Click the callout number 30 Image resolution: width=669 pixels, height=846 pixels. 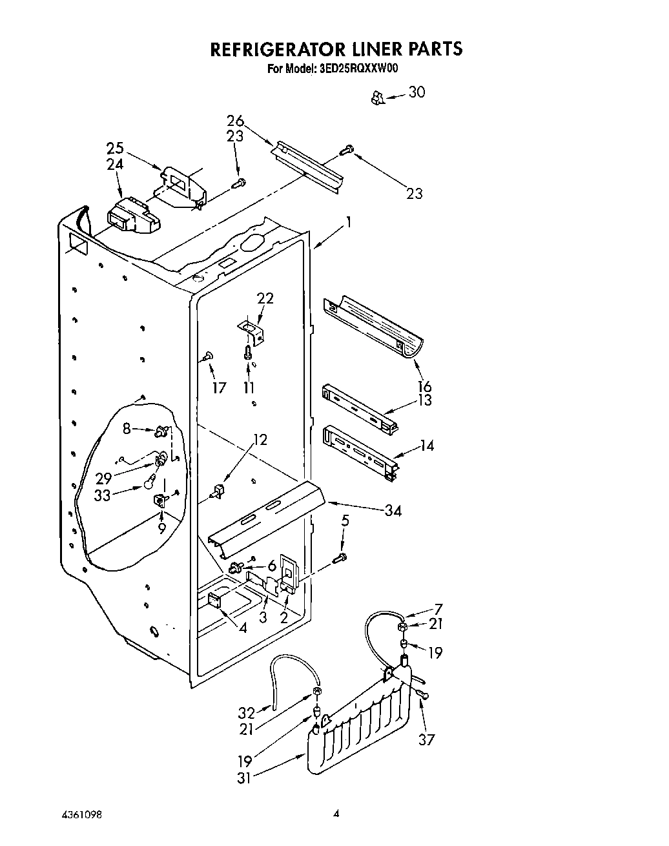pyautogui.click(x=417, y=92)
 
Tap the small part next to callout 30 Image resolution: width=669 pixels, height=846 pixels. pyautogui.click(x=378, y=98)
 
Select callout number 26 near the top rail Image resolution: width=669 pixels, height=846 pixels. pyautogui.click(x=235, y=121)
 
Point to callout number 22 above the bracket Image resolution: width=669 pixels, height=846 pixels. pyautogui.click(x=265, y=298)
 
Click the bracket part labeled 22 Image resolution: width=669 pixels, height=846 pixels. pyautogui.click(x=251, y=332)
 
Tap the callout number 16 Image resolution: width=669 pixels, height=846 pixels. pyautogui.click(x=424, y=387)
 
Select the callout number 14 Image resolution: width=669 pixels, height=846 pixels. pyautogui.click(x=426, y=446)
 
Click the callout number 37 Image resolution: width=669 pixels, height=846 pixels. pyautogui.click(x=426, y=739)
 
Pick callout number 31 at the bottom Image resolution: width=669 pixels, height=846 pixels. pyautogui.click(x=244, y=778)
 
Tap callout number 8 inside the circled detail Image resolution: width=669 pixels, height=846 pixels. pyautogui.click(x=127, y=428)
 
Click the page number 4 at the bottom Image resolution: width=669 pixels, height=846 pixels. pyautogui.click(x=336, y=814)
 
